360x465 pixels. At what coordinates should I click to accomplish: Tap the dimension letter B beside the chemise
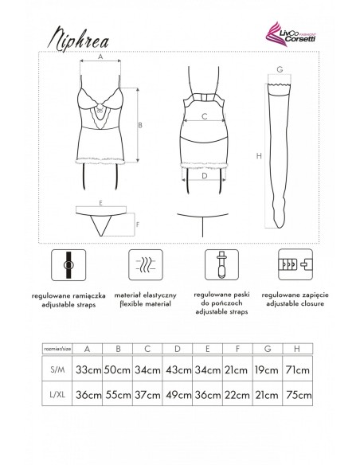tap(141, 125)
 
